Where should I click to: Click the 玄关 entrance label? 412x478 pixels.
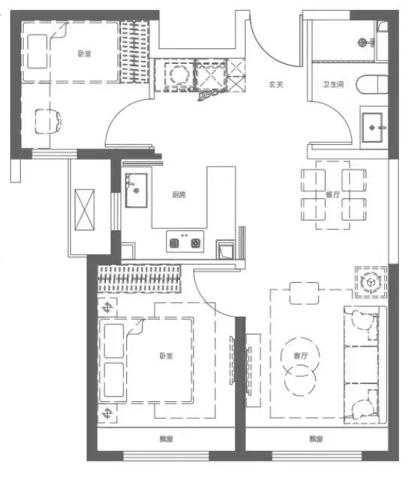(x=276, y=84)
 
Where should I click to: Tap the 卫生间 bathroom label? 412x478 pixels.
(x=333, y=84)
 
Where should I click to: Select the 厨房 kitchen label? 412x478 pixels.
(x=179, y=195)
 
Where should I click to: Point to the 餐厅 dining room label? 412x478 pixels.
(x=333, y=195)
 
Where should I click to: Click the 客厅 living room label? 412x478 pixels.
(x=301, y=355)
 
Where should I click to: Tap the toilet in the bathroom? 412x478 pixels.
(x=372, y=84)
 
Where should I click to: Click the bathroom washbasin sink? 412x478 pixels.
(x=373, y=127)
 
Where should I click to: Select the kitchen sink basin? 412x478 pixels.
(x=136, y=190)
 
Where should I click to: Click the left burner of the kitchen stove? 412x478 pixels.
(x=174, y=243)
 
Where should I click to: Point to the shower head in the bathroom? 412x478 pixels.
(x=362, y=42)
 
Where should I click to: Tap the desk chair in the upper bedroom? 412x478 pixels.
(x=48, y=121)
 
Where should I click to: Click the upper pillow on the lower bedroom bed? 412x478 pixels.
(x=113, y=341)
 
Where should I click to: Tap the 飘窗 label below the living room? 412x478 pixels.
(x=316, y=439)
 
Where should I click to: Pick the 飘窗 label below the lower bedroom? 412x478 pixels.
(x=167, y=439)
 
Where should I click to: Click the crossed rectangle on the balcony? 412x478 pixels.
(x=85, y=210)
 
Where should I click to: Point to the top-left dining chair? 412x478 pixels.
(x=313, y=180)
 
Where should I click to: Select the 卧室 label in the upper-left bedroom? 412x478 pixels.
(x=85, y=54)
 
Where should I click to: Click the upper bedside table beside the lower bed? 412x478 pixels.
(x=107, y=307)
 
